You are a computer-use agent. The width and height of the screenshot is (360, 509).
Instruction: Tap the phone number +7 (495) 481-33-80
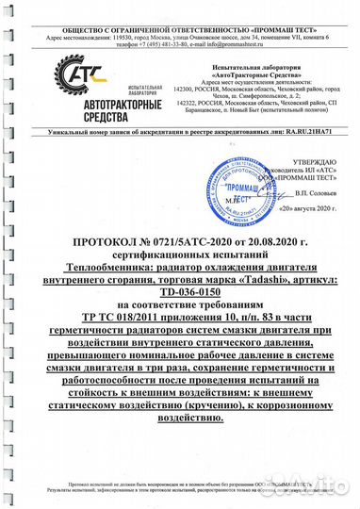tap(162, 42)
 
